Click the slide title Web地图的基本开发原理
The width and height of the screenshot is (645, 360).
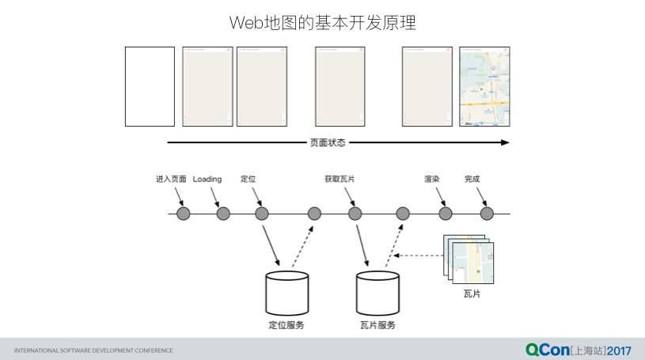pyautogui.click(x=322, y=23)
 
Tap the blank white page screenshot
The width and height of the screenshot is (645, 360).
pyautogui.click(x=150, y=86)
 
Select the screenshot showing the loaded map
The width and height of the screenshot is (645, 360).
pyautogui.click(x=484, y=86)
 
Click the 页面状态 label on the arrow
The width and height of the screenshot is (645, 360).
pyautogui.click(x=328, y=143)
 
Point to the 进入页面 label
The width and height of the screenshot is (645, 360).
pyautogui.click(x=171, y=180)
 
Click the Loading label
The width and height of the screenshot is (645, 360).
pyautogui.click(x=207, y=180)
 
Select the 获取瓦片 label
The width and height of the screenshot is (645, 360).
pyautogui.click(x=340, y=180)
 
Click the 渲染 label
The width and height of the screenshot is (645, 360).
pyautogui.click(x=431, y=180)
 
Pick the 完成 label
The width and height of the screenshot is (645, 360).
pyautogui.click(x=472, y=180)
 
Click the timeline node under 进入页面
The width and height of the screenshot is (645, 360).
pyautogui.click(x=184, y=214)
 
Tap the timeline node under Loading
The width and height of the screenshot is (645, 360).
pyautogui.click(x=223, y=214)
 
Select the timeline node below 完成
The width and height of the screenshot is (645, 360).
pyautogui.click(x=487, y=214)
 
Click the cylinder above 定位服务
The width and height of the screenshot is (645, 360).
pyautogui.click(x=286, y=292)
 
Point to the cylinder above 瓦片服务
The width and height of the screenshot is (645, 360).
pyautogui.click(x=378, y=292)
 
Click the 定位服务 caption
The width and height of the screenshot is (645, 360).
pyautogui.click(x=286, y=325)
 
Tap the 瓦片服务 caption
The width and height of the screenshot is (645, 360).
pyautogui.click(x=378, y=325)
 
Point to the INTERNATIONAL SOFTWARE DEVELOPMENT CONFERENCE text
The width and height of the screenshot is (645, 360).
pyautogui.click(x=93, y=350)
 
